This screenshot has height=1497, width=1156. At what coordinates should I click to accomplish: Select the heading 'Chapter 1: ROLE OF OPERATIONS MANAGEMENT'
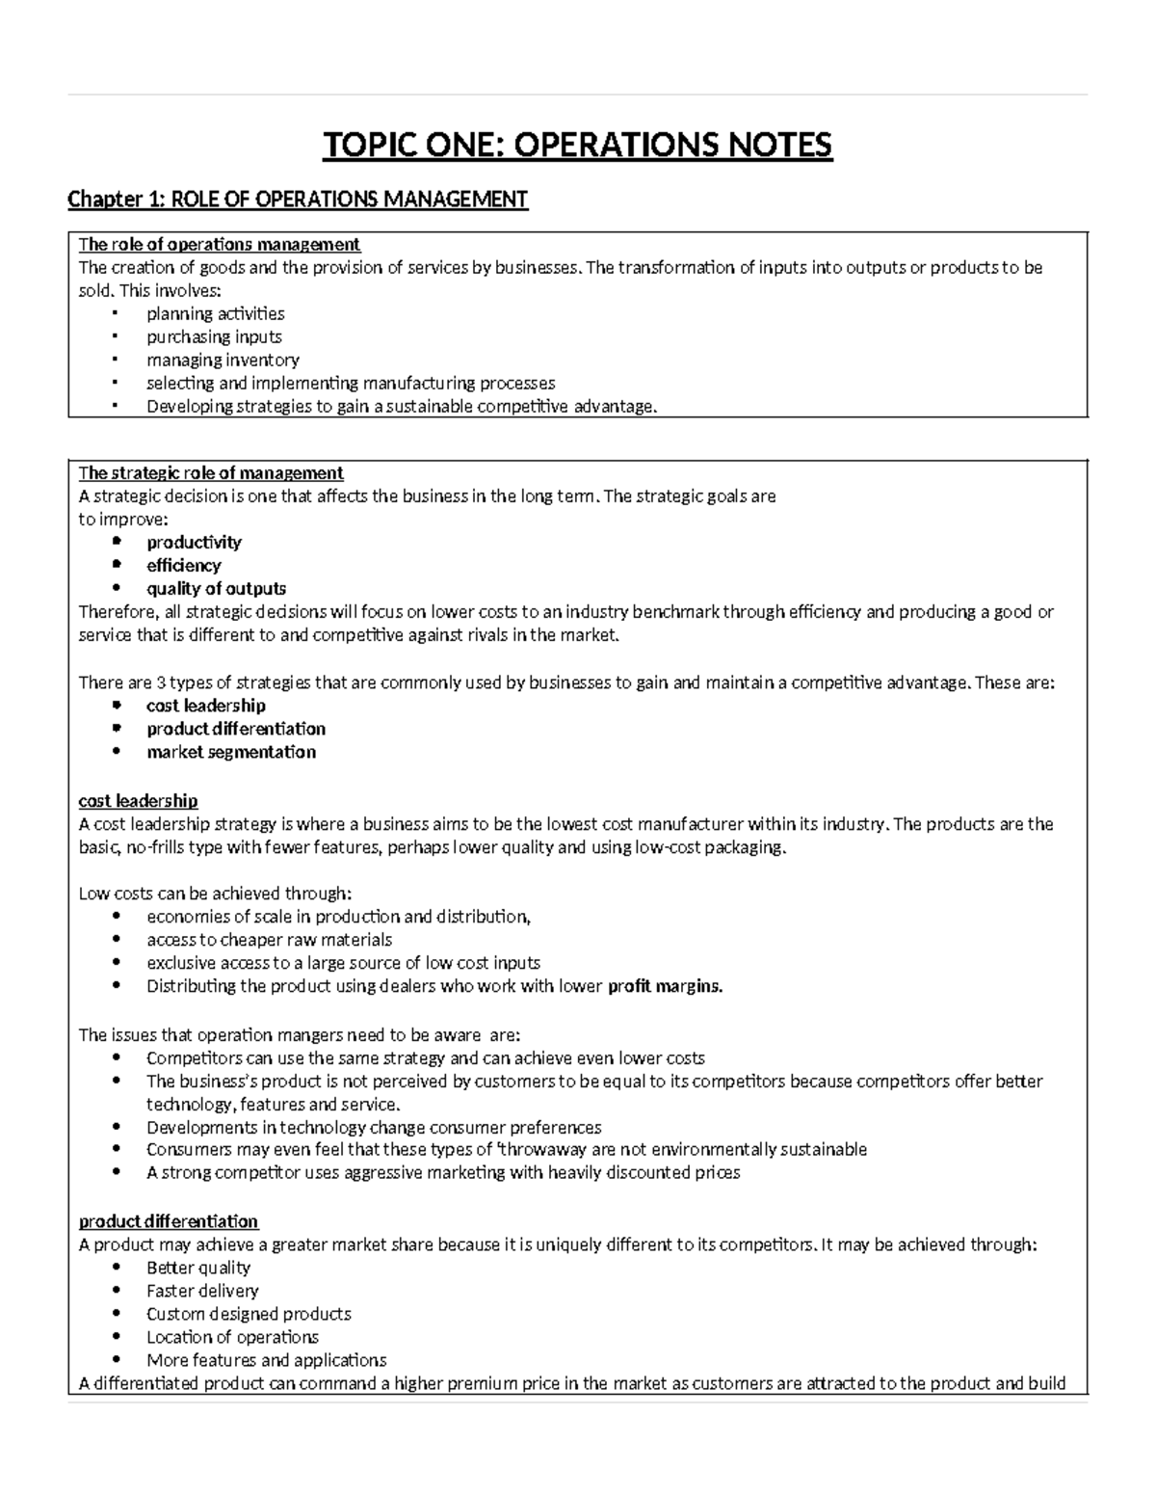pos(298,200)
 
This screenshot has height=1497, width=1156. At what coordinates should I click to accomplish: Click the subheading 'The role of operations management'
pos(219,244)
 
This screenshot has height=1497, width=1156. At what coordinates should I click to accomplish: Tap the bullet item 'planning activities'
pos(215,313)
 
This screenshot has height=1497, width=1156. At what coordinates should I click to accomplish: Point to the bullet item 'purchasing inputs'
pos(214,336)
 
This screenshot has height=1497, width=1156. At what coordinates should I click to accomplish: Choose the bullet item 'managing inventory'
pos(223,360)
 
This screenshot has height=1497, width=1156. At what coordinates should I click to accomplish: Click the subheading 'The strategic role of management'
pos(210,472)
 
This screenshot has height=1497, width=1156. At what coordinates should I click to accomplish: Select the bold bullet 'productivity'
pos(194,542)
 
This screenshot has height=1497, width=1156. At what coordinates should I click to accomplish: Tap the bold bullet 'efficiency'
pos(183,565)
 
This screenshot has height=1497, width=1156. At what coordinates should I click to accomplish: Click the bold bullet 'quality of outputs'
pos(216,588)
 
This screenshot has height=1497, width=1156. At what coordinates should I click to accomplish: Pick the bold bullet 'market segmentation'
pos(230,752)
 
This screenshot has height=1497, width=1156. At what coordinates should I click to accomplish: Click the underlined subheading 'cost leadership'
pos(138,801)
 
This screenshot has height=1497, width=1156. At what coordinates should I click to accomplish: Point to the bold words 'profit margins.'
pos(665,986)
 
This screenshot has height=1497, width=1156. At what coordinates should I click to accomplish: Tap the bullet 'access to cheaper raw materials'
pos(269,940)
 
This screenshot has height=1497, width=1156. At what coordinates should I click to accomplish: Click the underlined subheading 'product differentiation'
pos(168,1221)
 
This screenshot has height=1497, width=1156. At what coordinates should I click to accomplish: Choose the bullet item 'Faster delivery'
pos(202,1291)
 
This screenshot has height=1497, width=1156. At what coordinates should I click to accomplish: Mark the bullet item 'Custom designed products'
pos(249,1314)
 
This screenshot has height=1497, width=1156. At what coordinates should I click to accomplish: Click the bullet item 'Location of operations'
pos(232,1337)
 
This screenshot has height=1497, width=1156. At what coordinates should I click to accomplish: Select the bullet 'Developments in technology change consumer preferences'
pos(374,1127)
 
